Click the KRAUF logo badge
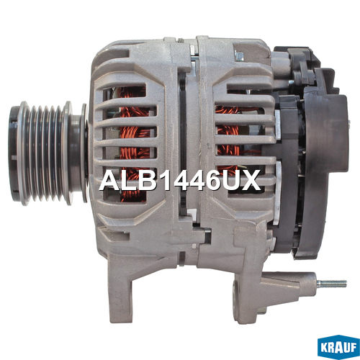coord(338,347)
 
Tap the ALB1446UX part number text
coord(180,180)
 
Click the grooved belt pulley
coord(48,153)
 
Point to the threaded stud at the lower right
coord(332,284)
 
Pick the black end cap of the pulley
coord(14,153)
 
